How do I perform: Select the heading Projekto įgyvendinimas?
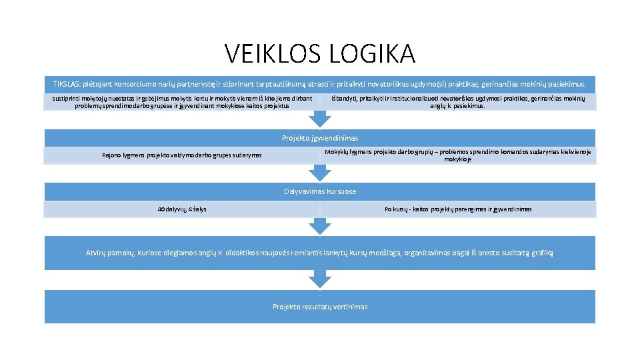tap(320, 138)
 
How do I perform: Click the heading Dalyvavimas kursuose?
tap(320, 191)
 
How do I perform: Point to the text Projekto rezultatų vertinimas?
tap(320, 307)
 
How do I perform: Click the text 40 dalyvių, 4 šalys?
tap(182, 209)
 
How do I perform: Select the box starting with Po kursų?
tap(458, 209)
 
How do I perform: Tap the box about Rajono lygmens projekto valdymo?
tap(182, 155)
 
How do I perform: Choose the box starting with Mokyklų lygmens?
tap(458, 155)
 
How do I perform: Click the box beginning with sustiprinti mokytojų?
tap(182, 102)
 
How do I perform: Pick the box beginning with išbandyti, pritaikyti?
tap(458, 102)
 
